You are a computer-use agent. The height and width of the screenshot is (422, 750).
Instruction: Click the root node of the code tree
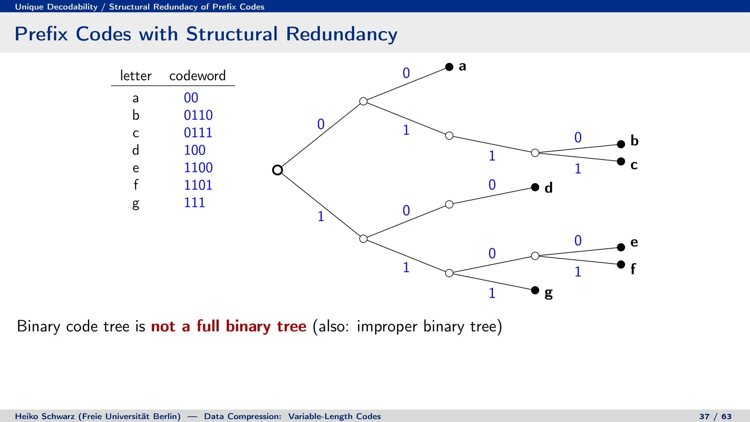pos(278,170)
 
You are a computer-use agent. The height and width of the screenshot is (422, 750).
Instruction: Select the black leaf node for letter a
pos(449,67)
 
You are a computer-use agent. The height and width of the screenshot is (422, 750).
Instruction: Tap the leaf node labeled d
pos(535,187)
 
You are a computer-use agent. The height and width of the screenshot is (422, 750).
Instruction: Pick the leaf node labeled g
pos(535,290)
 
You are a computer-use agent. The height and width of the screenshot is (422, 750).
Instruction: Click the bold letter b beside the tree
pos(634,141)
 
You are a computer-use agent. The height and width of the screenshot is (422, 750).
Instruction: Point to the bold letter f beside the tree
pos(633,269)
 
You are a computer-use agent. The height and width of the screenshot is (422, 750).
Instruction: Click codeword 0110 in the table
pos(198,115)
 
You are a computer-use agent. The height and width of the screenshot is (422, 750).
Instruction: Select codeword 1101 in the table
pos(198,185)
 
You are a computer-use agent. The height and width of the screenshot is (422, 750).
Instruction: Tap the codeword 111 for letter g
pos(194,203)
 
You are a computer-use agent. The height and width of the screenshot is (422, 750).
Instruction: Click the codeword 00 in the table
pos(191,98)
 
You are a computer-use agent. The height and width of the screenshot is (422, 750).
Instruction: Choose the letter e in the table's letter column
pos(136,168)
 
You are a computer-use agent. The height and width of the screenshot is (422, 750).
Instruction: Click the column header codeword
pos(197,76)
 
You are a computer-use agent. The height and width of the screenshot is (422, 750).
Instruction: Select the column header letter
pos(135,76)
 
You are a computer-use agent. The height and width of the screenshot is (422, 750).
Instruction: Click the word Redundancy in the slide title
pos(341,34)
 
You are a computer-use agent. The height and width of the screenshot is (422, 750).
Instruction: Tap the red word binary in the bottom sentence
pos(248,326)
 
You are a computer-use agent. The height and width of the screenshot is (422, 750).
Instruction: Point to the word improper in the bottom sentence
pos(387,326)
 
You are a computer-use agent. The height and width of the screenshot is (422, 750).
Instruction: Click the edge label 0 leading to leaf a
pos(406,73)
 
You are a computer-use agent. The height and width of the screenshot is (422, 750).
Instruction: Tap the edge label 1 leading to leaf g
pos(492,293)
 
